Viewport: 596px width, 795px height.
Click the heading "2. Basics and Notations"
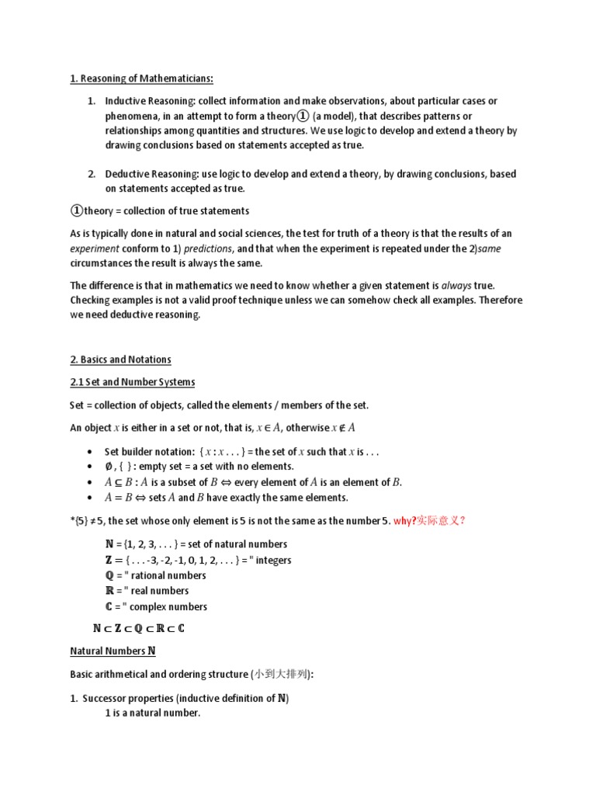(x=120, y=359)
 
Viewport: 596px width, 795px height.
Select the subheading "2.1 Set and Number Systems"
(x=132, y=382)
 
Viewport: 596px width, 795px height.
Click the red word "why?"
(x=405, y=521)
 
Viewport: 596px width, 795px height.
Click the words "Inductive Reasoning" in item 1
(x=151, y=102)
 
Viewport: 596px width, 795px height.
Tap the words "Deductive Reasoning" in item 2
(x=152, y=175)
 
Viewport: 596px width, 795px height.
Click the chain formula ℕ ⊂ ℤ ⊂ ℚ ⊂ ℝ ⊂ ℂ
(x=138, y=628)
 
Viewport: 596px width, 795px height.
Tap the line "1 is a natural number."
(x=153, y=713)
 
